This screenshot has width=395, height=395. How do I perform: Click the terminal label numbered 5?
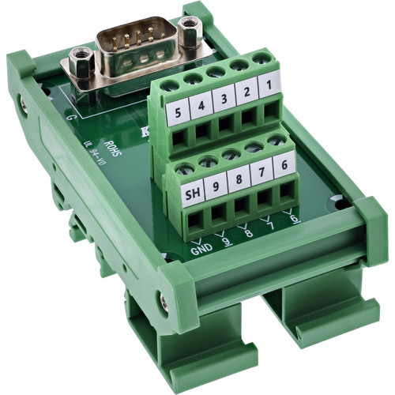tap(180, 111)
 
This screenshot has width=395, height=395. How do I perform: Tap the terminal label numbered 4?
tap(203, 104)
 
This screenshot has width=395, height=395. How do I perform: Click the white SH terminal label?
tap(191, 194)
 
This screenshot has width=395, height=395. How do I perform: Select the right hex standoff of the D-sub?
tap(187, 30)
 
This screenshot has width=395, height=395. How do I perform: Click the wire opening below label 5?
tap(181, 140)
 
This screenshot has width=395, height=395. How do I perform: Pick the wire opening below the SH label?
tap(193, 222)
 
